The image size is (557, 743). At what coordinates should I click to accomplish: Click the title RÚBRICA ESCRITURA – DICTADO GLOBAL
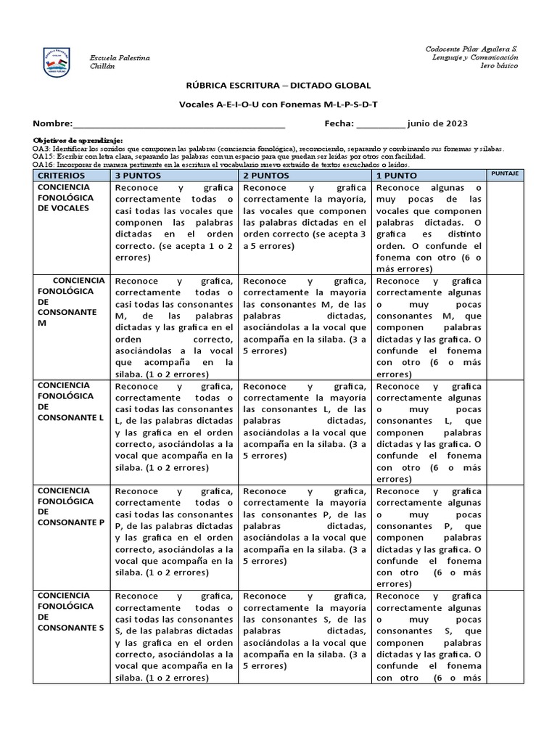click(278, 86)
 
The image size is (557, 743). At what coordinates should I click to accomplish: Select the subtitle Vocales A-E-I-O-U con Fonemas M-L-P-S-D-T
click(278, 104)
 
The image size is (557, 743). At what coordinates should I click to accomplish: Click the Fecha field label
click(339, 124)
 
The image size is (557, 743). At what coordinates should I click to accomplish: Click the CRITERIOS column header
click(61, 176)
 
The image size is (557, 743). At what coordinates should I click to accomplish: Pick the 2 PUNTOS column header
click(266, 176)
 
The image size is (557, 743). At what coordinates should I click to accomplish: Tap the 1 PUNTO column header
click(397, 176)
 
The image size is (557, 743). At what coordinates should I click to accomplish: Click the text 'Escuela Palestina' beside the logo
click(119, 57)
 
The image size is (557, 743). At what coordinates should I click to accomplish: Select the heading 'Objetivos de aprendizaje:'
click(78, 139)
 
